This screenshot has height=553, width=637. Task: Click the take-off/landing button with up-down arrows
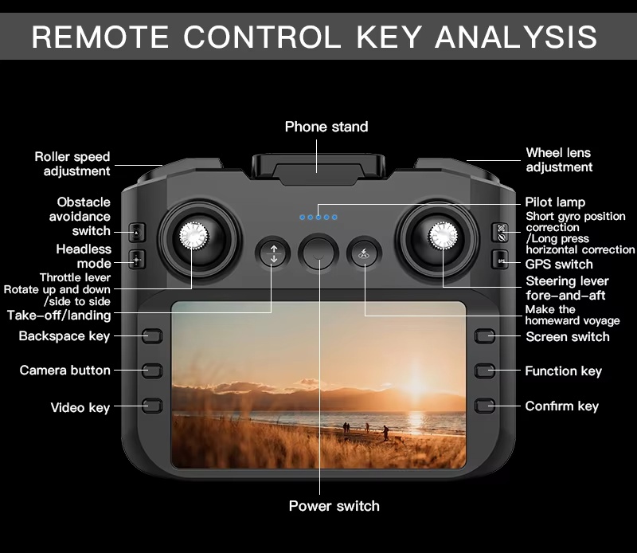coord(273,253)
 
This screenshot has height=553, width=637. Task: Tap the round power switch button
coord(318,252)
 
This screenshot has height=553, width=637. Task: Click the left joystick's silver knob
coord(194,235)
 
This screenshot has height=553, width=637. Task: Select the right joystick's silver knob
coord(444,235)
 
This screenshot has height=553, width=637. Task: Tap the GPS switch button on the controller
coord(501,260)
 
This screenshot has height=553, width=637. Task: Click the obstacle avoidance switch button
coord(137,233)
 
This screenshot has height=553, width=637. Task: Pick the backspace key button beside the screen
coord(152,336)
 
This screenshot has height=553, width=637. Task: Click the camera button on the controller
coord(152,371)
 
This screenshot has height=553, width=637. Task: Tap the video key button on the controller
coord(152,406)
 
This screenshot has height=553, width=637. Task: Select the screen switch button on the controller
coord(485,336)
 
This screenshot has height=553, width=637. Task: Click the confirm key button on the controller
coord(485,406)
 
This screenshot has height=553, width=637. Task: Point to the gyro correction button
coord(501,233)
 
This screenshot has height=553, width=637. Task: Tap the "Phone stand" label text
coord(326,127)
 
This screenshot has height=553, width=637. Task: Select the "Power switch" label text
coord(334,506)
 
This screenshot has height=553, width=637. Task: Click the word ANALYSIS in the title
coord(516,37)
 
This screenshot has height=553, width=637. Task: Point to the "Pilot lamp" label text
coord(555,202)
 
